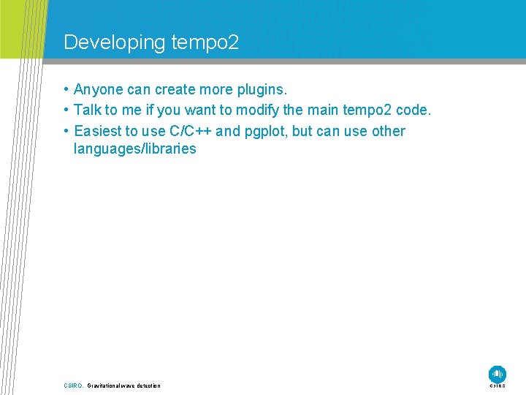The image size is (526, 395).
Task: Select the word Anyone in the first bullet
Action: pos(99,90)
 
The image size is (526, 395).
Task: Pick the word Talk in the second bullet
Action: pos(87,110)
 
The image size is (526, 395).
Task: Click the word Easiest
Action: pos(98,132)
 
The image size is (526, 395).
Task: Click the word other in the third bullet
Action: pos(388,132)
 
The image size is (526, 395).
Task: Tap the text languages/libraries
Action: pos(135,149)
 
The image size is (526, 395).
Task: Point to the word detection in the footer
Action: pos(147,385)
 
